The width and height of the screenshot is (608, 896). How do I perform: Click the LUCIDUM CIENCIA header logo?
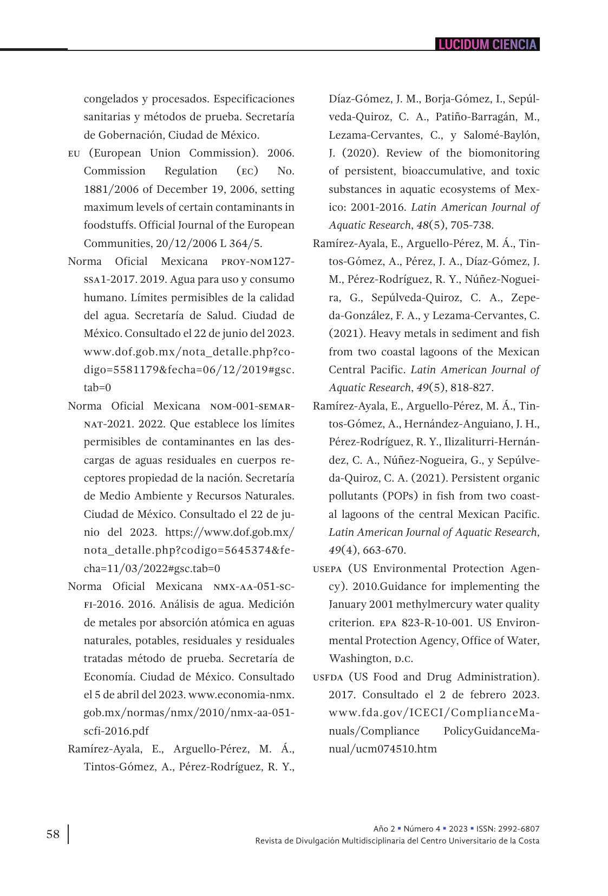coord(487,44)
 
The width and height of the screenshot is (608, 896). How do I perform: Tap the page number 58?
coord(53,834)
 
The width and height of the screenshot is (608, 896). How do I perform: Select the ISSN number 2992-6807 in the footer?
coord(520,829)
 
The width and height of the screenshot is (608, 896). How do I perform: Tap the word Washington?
coord(358,659)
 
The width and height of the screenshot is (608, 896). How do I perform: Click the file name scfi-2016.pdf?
coord(116,731)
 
